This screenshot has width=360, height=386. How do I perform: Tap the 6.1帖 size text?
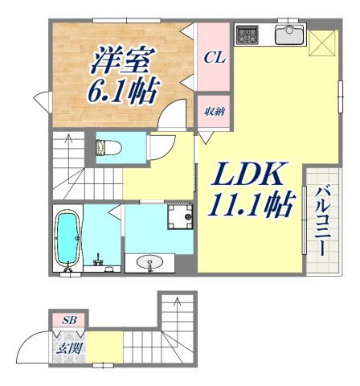(x=123, y=92)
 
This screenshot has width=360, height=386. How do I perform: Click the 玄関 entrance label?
(x=67, y=348)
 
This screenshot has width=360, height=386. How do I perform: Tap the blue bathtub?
(x=67, y=238)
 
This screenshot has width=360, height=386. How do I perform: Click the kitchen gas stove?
(x=247, y=35)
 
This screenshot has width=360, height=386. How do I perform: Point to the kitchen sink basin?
(x=288, y=35)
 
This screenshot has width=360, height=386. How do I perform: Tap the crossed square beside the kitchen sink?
(x=322, y=42)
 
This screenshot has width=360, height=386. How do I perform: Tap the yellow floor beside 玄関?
(x=104, y=348)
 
